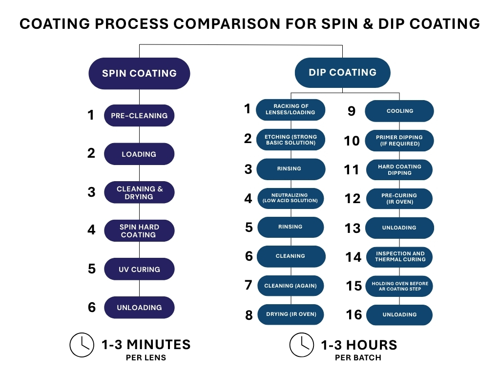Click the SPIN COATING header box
pos(139,74)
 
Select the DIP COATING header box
pos(342,73)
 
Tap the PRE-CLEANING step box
pos(139,116)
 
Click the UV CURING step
pos(139,269)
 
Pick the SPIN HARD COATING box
pos(139,231)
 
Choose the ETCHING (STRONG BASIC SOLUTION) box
pos(291,140)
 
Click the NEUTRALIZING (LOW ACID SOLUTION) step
pos(291,198)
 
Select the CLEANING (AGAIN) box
pos(291,286)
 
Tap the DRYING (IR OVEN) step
pos(291,314)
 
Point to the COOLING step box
pos(399,111)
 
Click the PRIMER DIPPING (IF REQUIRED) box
pos(399,141)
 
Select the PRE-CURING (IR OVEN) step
pos(399,198)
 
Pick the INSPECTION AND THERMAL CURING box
pos(399,256)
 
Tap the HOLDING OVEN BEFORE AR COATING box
pos(399,286)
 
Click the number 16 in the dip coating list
pos(354,315)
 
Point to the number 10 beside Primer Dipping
pos(352,141)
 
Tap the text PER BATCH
pos(358,357)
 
